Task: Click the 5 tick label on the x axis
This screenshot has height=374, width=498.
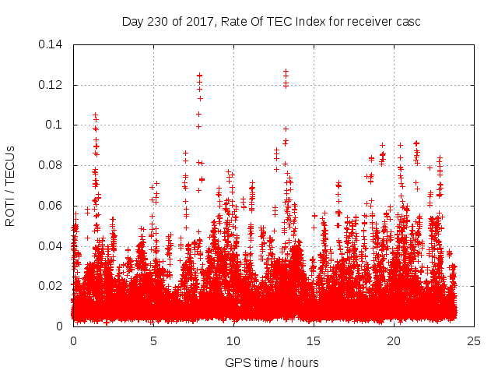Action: pos(153,340)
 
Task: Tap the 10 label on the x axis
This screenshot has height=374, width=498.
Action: pos(233,340)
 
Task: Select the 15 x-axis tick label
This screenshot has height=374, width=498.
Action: pos(314,340)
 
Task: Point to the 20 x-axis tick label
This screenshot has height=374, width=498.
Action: pos(394,340)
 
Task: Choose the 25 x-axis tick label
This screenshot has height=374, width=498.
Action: pos(474,340)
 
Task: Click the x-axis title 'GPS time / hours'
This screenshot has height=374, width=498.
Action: pos(272,362)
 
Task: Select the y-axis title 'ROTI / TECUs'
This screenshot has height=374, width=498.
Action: pos(10,185)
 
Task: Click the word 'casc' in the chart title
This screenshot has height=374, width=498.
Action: pos(408,21)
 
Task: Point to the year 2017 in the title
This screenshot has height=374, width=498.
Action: pos(198,21)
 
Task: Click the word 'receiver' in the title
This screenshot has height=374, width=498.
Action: pos(366,21)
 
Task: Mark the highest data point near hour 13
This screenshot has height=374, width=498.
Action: pos(286,72)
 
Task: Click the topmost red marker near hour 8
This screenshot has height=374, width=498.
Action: pos(200,76)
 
